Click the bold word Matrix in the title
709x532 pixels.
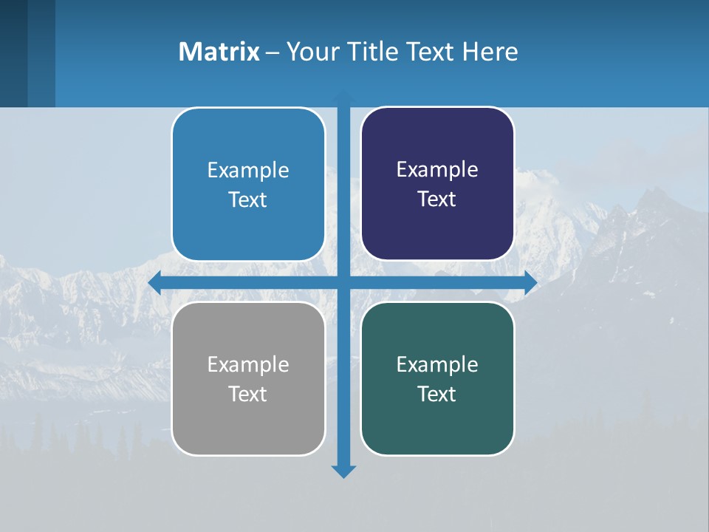(219, 52)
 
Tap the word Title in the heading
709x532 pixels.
(371, 52)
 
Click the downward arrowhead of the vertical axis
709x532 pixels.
(343, 471)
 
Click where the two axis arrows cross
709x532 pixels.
(343, 283)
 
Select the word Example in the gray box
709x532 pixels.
(248, 364)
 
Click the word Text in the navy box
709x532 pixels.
(437, 199)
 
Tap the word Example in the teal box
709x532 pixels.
(437, 364)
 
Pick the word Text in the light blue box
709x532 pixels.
(248, 199)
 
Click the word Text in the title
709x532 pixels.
(428, 52)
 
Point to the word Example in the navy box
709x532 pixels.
(437, 170)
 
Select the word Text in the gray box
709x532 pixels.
(248, 394)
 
